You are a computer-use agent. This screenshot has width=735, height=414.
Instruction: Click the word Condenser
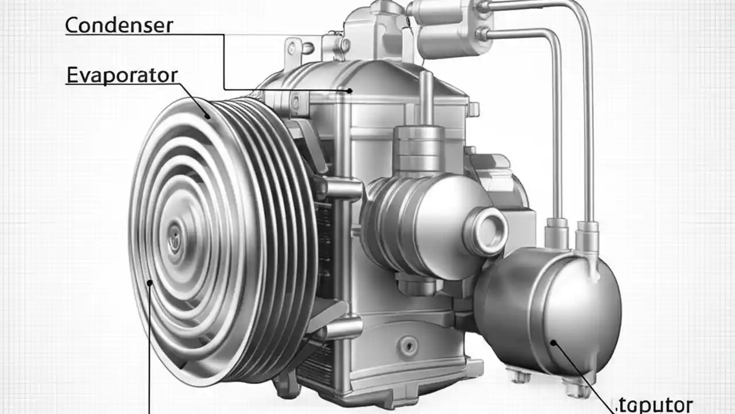(119, 25)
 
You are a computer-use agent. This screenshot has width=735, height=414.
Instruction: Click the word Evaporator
(122, 75)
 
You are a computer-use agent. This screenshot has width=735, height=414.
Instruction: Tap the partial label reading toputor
(657, 404)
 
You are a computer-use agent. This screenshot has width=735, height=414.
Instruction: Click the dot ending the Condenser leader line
(349, 90)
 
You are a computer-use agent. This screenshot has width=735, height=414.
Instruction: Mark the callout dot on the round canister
(554, 343)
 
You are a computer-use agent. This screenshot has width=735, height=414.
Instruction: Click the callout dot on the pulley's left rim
(150, 282)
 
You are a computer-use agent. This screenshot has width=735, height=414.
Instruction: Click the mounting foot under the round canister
(520, 376)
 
